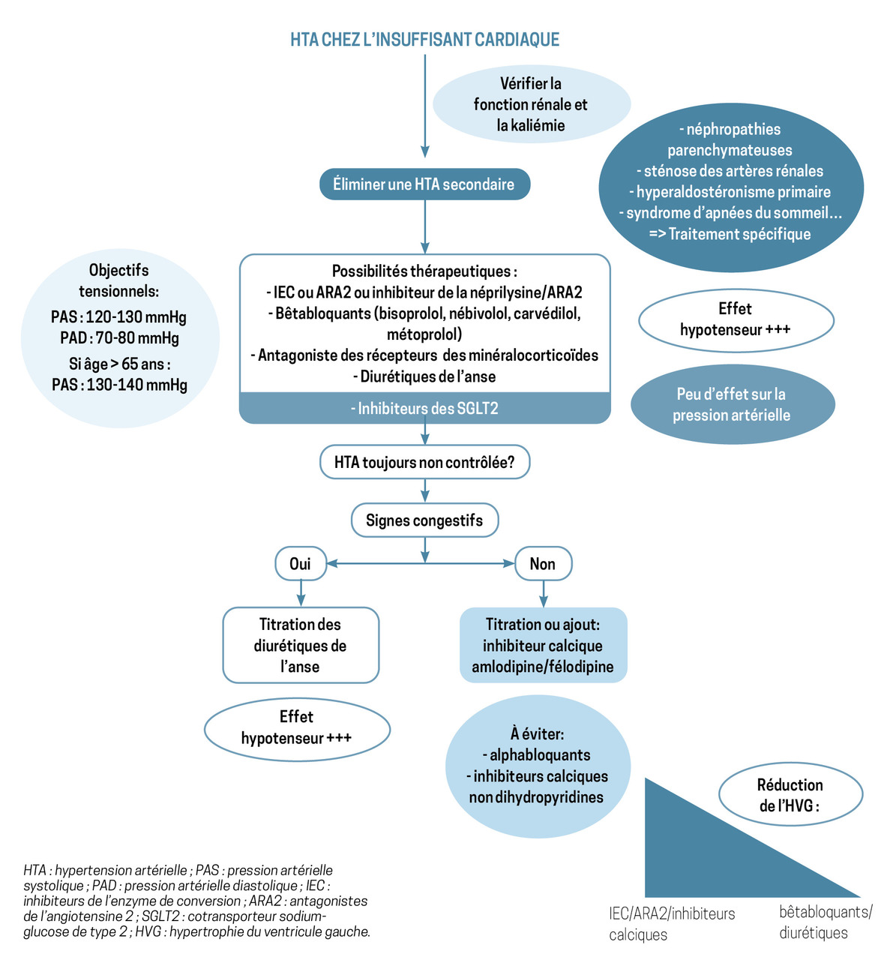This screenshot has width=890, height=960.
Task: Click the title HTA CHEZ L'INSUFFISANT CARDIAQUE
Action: coord(424,39)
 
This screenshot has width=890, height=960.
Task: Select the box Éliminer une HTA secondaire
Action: coord(424,184)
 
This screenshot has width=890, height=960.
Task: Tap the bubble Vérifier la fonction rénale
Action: coord(530,104)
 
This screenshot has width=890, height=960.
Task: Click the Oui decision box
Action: coord(300,564)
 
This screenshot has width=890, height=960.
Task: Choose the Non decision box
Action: coord(543,564)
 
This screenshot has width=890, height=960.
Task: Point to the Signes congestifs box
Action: coord(424,520)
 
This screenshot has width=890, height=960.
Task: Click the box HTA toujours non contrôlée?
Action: coord(424,462)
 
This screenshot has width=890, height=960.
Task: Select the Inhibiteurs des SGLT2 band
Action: coord(424,409)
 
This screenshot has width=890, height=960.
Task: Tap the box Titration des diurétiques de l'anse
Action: coord(301,645)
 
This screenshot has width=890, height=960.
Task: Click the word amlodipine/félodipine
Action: coord(543,667)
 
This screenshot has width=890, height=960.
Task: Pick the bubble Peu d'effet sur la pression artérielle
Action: coord(731,404)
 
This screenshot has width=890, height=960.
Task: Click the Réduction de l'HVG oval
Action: coord(790,795)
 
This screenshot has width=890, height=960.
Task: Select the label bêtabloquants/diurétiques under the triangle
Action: coord(826,922)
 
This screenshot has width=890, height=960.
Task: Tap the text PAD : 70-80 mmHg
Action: coord(119,338)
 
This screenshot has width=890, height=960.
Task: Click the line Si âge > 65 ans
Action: coord(119,364)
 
